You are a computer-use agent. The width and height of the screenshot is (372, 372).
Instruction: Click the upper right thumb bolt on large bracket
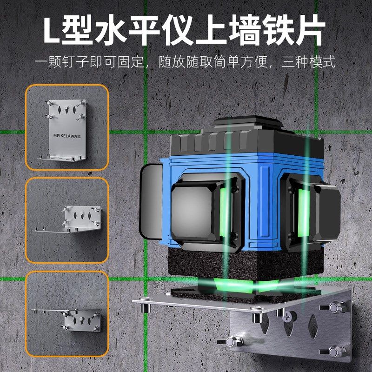(x=336, y=308)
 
